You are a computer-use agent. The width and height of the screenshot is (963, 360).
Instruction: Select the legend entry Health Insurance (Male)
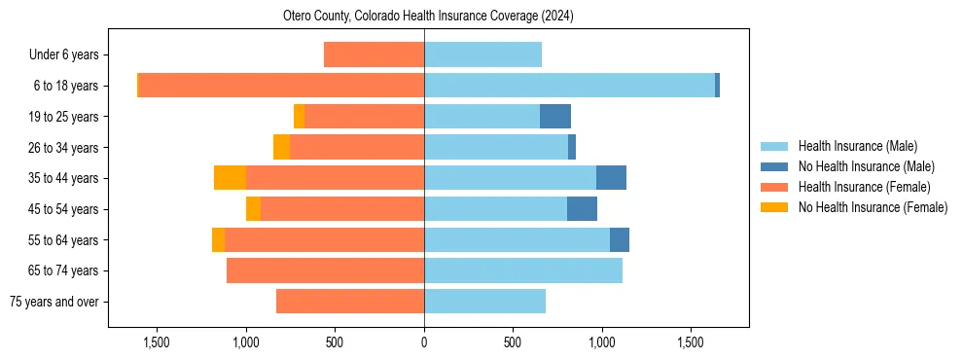[x=857, y=146]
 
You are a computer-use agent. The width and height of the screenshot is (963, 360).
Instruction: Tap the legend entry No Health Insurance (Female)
[x=873, y=207]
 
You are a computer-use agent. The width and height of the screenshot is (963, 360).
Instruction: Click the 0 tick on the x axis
[x=424, y=342]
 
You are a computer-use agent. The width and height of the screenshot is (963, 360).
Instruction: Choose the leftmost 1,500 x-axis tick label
[x=157, y=342]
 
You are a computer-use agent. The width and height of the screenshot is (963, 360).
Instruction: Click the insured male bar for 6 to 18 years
[x=569, y=86]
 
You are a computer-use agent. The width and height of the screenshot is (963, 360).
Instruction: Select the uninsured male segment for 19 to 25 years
[x=555, y=117]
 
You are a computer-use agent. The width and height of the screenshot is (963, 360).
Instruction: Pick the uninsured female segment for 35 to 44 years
[x=230, y=178]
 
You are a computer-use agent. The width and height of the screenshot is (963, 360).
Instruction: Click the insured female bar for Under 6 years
[x=374, y=55]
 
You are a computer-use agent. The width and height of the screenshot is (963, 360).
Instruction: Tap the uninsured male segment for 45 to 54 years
[x=582, y=209]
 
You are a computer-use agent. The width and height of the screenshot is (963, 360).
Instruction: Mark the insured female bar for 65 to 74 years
[x=325, y=270]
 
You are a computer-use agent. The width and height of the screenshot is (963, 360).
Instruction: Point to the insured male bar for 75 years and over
[x=484, y=302]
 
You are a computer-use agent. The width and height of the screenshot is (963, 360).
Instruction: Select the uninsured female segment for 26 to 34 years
[x=281, y=147]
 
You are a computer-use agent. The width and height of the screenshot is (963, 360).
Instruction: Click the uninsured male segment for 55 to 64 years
[x=620, y=239]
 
